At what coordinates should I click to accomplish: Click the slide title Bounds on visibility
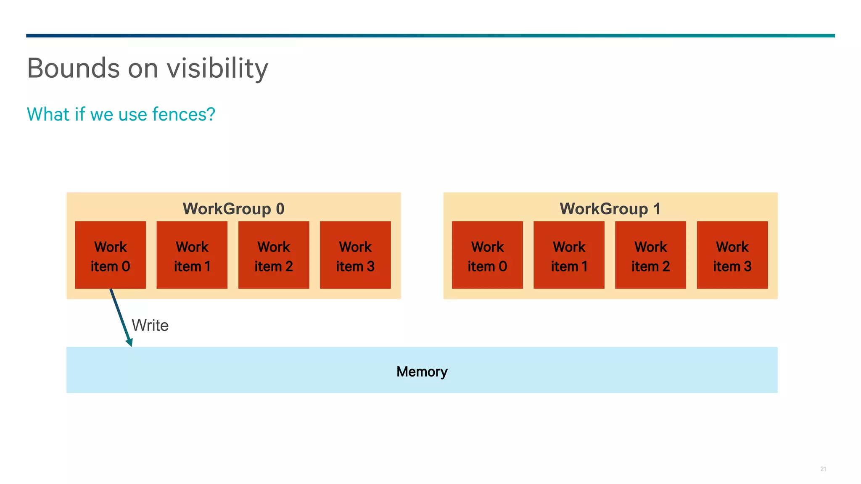(x=147, y=68)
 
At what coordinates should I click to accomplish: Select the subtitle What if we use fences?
(x=121, y=114)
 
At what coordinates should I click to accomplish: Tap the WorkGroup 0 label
(x=233, y=209)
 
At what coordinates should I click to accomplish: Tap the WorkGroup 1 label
(x=610, y=209)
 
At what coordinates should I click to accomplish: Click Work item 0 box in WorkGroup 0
(x=111, y=255)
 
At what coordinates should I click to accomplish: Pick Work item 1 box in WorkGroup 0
(x=192, y=255)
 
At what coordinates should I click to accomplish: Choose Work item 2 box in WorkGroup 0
(x=274, y=255)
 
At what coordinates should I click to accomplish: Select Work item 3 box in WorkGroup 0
(x=355, y=255)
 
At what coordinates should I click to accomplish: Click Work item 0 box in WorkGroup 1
(x=487, y=255)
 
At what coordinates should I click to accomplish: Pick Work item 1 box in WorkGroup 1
(x=569, y=255)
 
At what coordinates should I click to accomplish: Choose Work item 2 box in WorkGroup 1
(x=650, y=255)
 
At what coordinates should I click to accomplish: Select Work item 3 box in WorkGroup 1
(x=732, y=255)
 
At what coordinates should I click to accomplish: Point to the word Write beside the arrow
(x=150, y=326)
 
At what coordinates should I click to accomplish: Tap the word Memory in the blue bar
(x=422, y=371)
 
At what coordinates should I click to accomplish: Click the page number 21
(x=823, y=469)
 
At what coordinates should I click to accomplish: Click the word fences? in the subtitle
(x=184, y=114)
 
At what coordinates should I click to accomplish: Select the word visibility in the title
(x=217, y=68)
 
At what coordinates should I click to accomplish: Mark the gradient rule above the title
(x=430, y=36)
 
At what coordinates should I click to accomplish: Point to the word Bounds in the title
(x=74, y=68)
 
